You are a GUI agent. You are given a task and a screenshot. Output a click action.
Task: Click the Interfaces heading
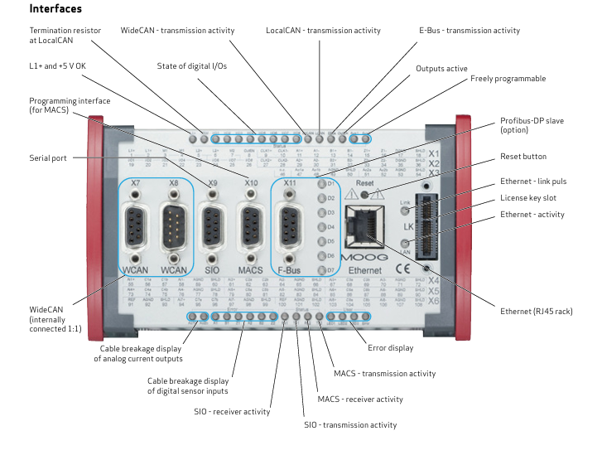(x=55, y=9)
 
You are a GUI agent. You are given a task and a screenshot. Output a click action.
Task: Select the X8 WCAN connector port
(x=174, y=225)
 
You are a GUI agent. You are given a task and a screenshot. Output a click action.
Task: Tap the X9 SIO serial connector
(x=213, y=225)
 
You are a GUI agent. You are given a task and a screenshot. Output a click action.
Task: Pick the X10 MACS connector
(x=252, y=225)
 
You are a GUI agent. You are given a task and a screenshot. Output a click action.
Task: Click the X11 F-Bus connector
(x=291, y=225)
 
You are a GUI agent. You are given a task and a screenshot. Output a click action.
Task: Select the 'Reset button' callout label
(x=524, y=157)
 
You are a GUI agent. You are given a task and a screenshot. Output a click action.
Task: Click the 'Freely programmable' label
(x=508, y=79)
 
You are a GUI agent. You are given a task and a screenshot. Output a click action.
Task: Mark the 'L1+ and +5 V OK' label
(x=57, y=65)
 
